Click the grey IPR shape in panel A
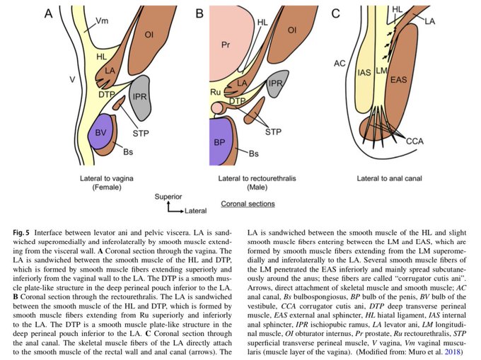[x=141, y=97]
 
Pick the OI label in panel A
[x=148, y=34]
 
